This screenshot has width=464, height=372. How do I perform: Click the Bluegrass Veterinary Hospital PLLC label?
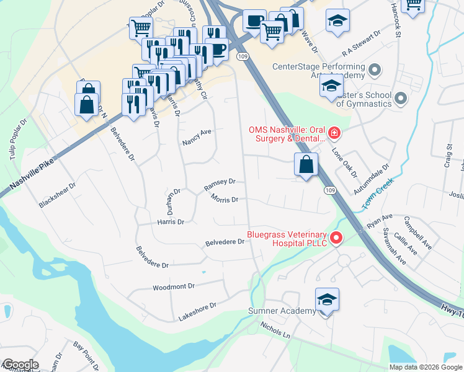[x=287, y=239]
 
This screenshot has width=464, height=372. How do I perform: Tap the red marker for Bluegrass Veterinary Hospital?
[x=336, y=237]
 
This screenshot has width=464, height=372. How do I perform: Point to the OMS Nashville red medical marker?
[x=334, y=133]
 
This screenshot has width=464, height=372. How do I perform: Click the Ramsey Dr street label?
[x=220, y=182]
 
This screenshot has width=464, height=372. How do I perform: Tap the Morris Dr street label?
[x=225, y=200]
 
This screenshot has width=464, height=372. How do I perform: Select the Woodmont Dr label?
[x=174, y=287]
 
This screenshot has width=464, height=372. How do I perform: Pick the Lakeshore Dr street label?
[x=197, y=306]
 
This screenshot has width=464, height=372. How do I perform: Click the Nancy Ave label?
[x=197, y=137]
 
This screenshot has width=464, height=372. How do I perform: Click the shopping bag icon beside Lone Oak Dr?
[x=306, y=165]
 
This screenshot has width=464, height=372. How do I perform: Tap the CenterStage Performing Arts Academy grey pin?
[x=374, y=68]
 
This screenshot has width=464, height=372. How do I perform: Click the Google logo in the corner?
[x=20, y=365]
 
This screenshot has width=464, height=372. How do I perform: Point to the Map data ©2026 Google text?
[x=426, y=367]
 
